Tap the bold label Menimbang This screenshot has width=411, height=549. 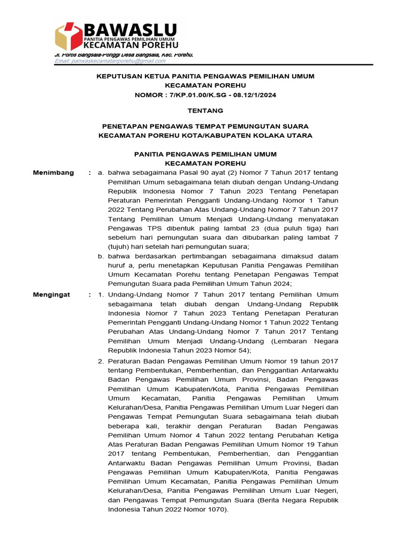click(x=54, y=173)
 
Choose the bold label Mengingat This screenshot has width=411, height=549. click(x=52, y=294)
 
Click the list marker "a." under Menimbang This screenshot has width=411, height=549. click(x=100, y=173)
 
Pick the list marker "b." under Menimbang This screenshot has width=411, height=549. click(x=100, y=257)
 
